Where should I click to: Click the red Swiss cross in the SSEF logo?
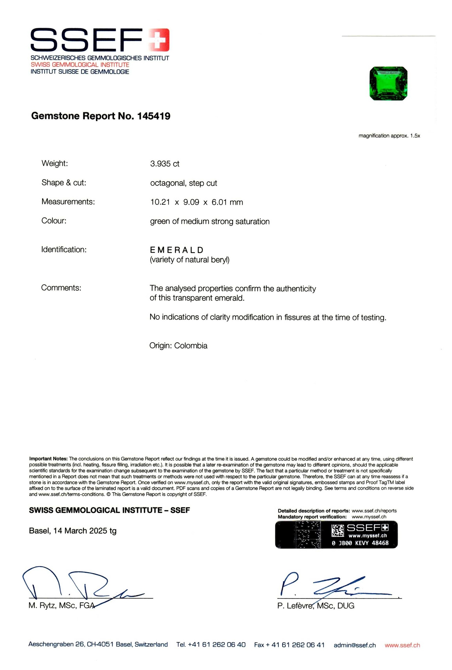coord(159,40)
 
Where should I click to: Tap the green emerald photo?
coord(388,83)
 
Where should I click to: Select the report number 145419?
coord(154,116)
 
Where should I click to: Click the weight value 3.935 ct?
coord(165,164)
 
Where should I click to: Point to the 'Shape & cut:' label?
coord(64,183)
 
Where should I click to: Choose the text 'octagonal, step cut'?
coord(184,183)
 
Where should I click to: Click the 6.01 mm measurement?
coord(227,202)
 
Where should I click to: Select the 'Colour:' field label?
coord(54,221)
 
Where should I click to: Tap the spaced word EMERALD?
coord(177,250)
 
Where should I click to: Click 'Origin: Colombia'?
coord(178,346)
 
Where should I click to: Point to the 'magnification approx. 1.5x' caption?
coord(389,136)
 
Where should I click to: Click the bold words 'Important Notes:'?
coord(48,459)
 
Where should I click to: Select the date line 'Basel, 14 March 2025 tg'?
coord(73,531)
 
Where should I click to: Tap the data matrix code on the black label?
coord(338,530)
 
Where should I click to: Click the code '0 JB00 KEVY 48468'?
coord(360,543)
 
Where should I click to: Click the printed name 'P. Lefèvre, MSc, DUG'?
coord(315,606)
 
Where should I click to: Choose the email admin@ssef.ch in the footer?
coord(355,645)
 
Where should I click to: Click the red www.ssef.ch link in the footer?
coord(402,645)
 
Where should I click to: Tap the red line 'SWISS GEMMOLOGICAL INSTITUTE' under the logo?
coord(80,65)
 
